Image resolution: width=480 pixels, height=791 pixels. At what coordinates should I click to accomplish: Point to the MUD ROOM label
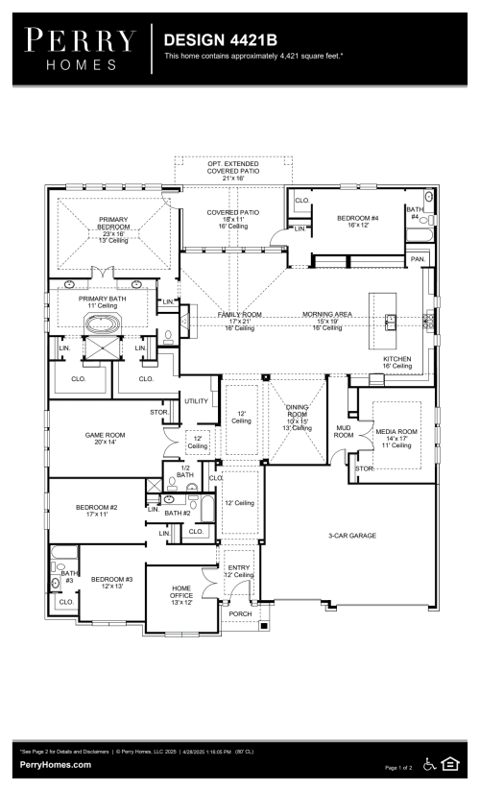point(343,430)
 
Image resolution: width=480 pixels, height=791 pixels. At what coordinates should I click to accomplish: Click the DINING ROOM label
point(297,414)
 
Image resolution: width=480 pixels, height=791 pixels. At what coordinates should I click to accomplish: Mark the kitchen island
point(391,322)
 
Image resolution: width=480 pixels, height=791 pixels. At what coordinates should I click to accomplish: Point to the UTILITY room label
point(196,400)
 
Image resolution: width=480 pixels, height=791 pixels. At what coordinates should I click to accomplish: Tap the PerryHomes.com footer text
point(56,764)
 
